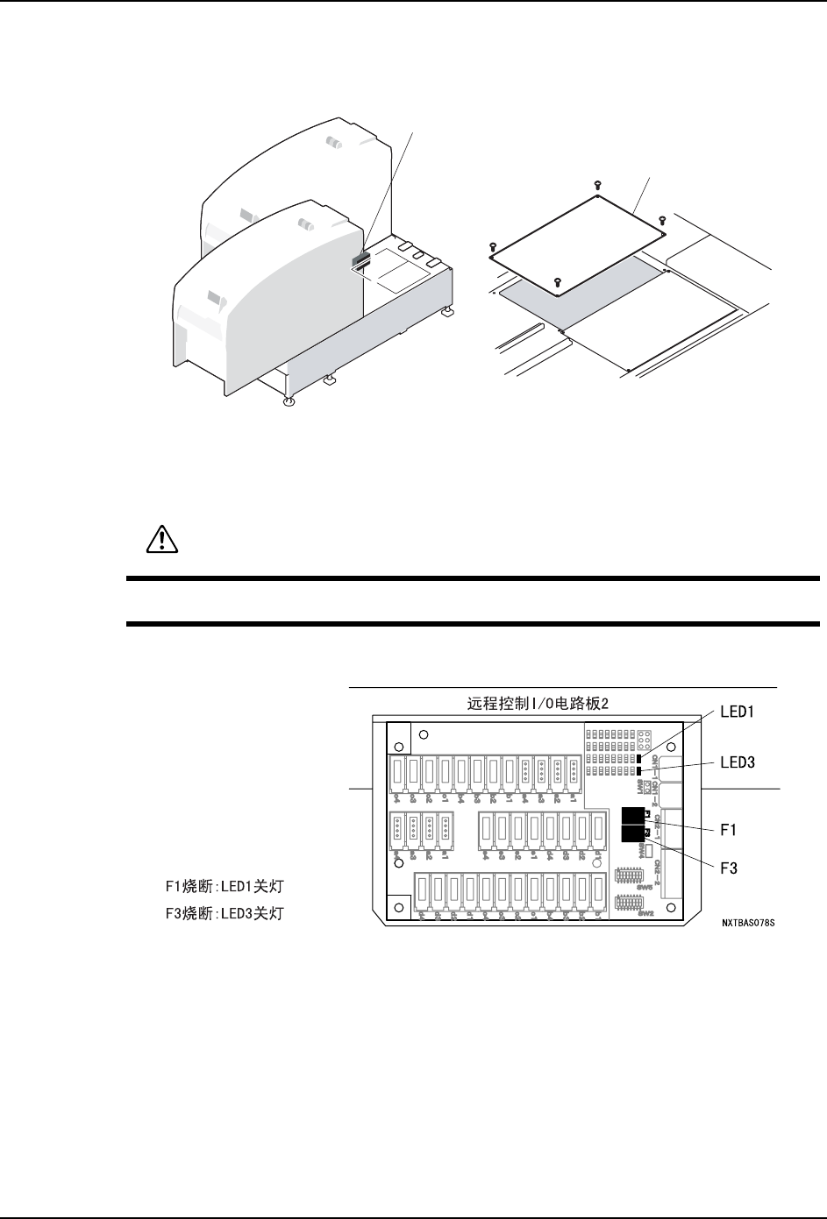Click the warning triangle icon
(x=161, y=541)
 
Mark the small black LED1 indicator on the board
(x=639, y=758)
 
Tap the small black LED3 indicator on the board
(x=639, y=770)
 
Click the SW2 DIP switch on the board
(x=628, y=900)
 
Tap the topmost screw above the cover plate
(x=597, y=184)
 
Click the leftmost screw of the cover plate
(x=493, y=246)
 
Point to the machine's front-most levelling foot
(x=289, y=402)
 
